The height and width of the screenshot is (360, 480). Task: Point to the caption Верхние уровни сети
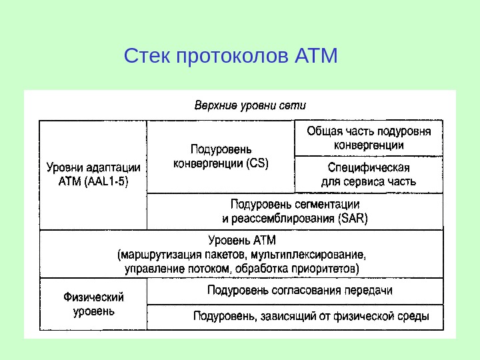point(250,105)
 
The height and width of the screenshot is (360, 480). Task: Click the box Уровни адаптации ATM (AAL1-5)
point(93,174)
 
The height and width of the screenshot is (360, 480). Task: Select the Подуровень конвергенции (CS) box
point(221,156)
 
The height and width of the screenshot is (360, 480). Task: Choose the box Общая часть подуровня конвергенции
point(369,138)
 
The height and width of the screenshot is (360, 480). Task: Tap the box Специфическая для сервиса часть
point(369,174)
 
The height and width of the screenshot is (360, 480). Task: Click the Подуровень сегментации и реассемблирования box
point(294,211)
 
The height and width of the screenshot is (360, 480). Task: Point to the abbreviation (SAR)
point(353,218)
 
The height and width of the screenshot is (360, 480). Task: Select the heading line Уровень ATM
point(241,239)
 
